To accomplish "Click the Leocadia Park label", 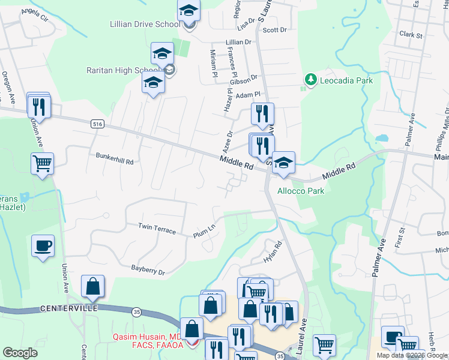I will click(x=346, y=80).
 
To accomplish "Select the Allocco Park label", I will click(x=300, y=191).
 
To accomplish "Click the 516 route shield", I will click(x=97, y=124).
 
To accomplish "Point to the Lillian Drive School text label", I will click(x=145, y=25).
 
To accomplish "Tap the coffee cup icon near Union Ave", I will click(x=43, y=246).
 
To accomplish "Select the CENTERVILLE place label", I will click(x=68, y=308).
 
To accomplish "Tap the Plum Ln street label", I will click(x=203, y=230).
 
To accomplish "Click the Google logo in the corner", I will click(x=20, y=353).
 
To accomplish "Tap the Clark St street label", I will click(x=411, y=35).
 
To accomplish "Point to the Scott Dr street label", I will click(x=276, y=29).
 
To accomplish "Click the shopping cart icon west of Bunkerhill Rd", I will click(x=43, y=164).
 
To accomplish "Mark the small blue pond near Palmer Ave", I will click(x=380, y=138).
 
